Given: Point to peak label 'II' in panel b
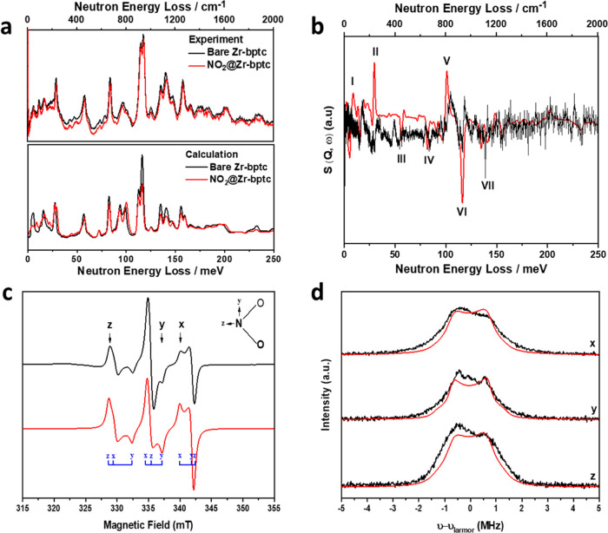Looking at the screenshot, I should pyautogui.click(x=375, y=53).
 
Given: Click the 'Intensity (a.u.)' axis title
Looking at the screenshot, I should pyautogui.click(x=324, y=401).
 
